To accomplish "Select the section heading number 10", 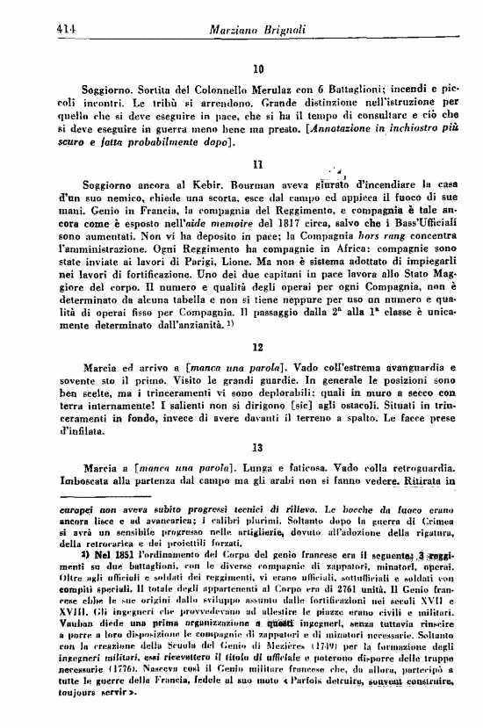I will click(x=258, y=68).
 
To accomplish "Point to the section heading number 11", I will click(x=258, y=163).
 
